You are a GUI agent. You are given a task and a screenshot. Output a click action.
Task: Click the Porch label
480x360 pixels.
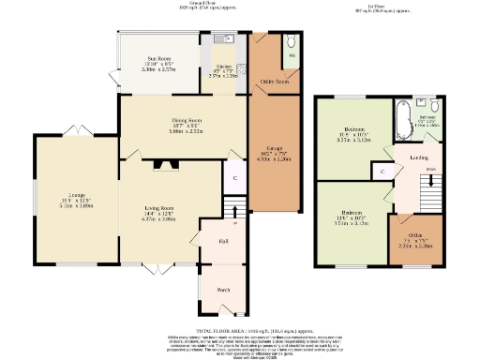click(x=224, y=290)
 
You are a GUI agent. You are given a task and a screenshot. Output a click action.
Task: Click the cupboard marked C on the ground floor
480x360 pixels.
click(x=235, y=177)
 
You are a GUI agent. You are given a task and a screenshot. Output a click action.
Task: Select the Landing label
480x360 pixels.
click(x=419, y=157)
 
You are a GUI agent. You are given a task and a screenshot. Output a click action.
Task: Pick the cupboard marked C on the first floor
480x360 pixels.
click(x=382, y=172)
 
